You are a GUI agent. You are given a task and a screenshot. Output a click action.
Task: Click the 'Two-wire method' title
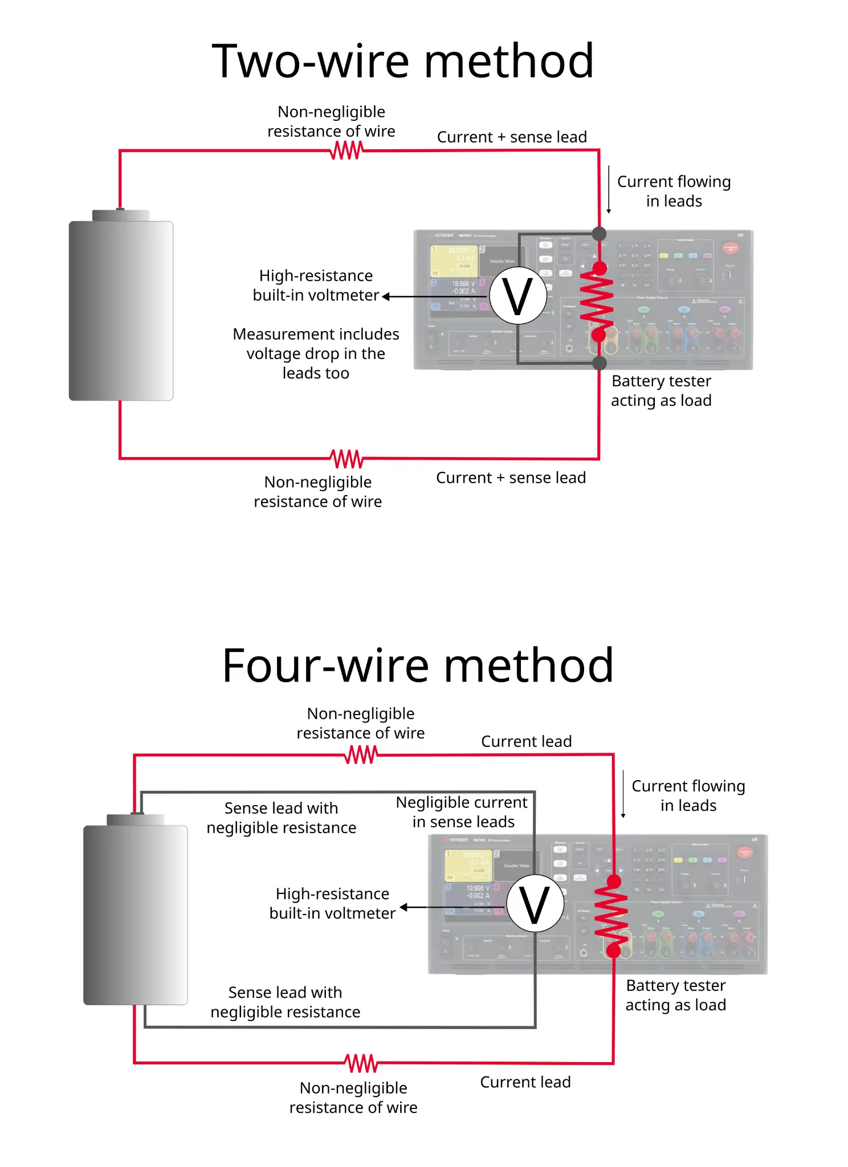pos(403,61)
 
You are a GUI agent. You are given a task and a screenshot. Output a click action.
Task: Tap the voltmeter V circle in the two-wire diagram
pos(518,296)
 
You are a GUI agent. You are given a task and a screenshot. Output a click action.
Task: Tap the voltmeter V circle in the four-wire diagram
pos(535,904)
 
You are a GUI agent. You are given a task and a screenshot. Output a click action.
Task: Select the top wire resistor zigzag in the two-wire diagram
pos(346,150)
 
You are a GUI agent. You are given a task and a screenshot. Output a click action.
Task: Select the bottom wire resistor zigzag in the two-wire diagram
pos(346,458)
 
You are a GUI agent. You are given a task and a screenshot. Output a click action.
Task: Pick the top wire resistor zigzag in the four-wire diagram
pos(361,755)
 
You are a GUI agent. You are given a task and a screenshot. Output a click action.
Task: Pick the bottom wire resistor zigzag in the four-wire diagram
pos(361,1063)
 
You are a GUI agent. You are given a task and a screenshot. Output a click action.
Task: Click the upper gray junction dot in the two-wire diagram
pos(599,233)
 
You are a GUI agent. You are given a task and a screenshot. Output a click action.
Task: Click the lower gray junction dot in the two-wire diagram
pos(599,363)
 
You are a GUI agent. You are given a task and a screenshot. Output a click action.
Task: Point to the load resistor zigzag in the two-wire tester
pos(597,301)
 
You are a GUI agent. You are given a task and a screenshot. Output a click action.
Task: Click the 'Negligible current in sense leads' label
pos(462,812)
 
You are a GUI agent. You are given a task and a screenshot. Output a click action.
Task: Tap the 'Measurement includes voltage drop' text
pos(316,353)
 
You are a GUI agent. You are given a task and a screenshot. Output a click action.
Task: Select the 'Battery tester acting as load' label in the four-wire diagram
pos(676,995)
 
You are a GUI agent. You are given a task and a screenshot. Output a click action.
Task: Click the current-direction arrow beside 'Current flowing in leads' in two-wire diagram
pos(609,190)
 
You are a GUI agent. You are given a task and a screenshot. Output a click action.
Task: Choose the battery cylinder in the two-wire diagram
pos(121,311)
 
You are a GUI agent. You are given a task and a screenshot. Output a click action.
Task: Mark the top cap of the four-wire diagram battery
pos(136,819)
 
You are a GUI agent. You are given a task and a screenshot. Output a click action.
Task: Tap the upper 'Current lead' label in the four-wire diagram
pos(526,741)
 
